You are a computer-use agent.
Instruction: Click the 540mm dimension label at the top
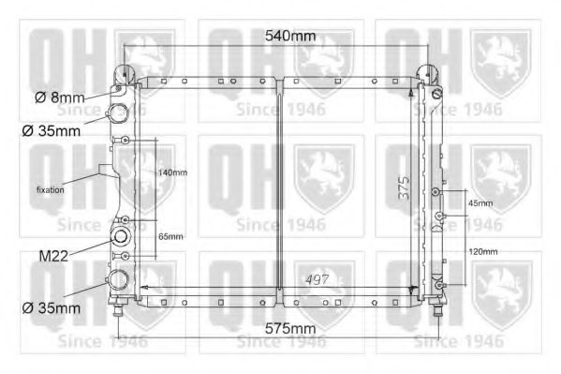[290, 36]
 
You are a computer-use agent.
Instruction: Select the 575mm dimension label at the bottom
[289, 329]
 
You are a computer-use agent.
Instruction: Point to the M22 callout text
[54, 255]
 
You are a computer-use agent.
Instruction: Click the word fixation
[51, 190]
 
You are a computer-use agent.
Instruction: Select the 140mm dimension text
[172, 173]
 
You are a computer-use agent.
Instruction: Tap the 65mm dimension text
[170, 237]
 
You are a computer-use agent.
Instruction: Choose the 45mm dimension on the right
[480, 203]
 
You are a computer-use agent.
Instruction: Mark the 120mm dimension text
[482, 252]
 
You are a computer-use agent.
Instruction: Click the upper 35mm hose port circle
[120, 114]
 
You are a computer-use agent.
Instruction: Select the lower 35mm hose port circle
[120, 280]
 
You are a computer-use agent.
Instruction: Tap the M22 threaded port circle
[120, 235]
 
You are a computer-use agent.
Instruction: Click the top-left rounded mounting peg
[126, 73]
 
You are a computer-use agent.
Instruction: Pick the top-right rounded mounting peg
[434, 73]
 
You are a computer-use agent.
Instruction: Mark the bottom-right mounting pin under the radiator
[434, 311]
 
